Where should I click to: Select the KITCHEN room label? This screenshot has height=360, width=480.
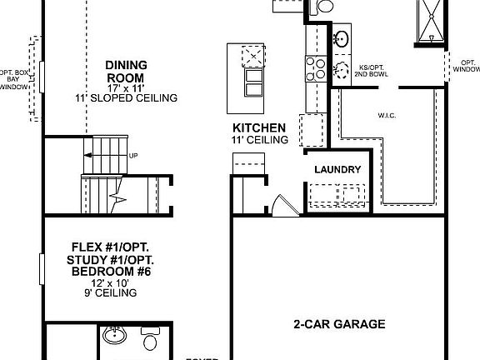pyautogui.click(x=259, y=127)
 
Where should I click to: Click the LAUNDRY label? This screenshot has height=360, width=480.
pyautogui.click(x=337, y=170)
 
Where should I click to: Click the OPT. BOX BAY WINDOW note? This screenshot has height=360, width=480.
pyautogui.click(x=13, y=79)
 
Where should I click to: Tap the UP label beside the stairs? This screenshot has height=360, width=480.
pyautogui.click(x=133, y=155)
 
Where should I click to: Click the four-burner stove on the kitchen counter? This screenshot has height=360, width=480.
pyautogui.click(x=317, y=66)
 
